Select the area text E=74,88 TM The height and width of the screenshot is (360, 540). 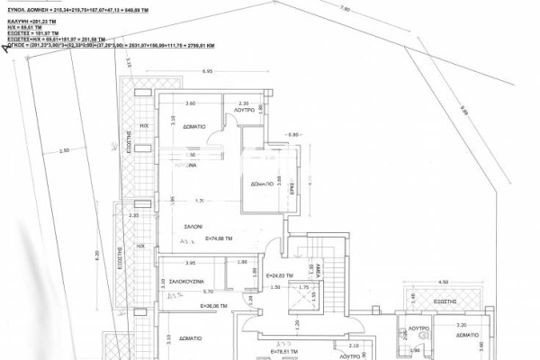click(220, 239)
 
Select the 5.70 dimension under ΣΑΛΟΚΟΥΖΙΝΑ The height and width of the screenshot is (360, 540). click(206, 291)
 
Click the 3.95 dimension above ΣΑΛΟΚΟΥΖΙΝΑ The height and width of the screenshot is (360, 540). click(190, 262)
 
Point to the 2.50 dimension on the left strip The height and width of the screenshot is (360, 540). click(63, 150)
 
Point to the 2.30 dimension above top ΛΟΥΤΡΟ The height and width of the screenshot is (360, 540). click(242, 103)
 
